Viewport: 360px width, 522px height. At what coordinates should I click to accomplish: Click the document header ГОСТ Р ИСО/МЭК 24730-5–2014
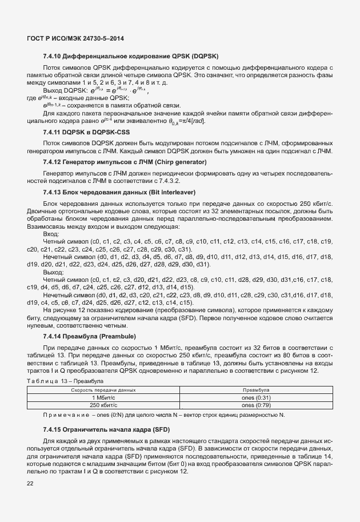point(75,38)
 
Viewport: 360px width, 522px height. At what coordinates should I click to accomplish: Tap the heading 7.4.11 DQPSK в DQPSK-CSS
point(90,132)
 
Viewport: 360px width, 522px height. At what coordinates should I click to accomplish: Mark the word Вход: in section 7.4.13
point(51,234)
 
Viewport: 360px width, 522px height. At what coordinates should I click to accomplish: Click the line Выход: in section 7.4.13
point(53,273)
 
